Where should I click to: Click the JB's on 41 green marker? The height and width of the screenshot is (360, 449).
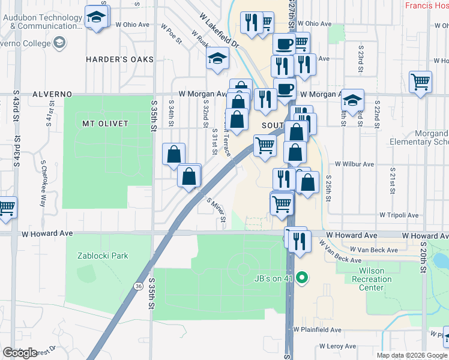pos(303,277)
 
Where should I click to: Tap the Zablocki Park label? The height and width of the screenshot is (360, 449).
pos(103,256)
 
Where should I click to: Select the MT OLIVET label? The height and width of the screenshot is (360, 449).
pos(105,123)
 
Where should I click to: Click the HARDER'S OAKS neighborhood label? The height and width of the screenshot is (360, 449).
pos(119,59)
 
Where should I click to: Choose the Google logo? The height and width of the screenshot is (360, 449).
pos(20,352)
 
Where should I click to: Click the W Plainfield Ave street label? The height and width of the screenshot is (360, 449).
pos(318,330)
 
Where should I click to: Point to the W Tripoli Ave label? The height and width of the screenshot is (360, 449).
pos(398,215)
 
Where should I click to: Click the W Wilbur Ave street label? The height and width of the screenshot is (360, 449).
pos(354,164)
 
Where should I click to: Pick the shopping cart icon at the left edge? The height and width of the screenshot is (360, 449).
pos(6,208)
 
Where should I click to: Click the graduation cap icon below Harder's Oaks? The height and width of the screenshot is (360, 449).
pos(217,59)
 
